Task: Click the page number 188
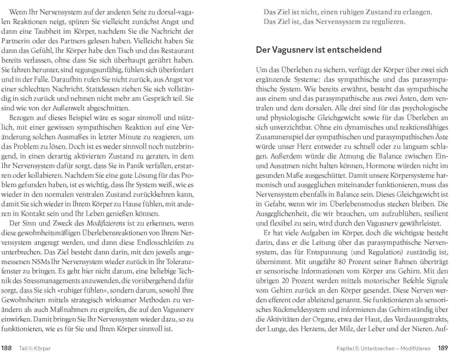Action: (x=7, y=348)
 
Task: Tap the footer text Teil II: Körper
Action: (x=35, y=348)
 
